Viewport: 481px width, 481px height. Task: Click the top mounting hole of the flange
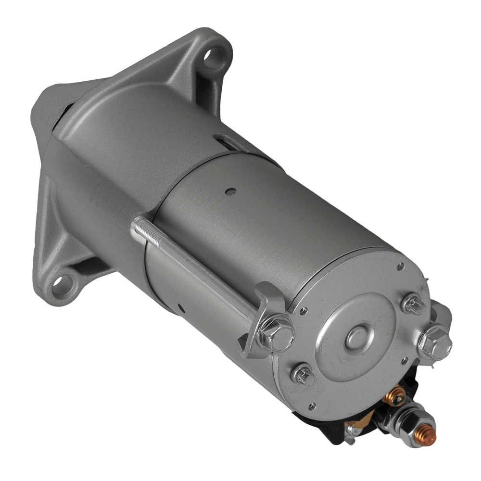pyautogui.click(x=212, y=56)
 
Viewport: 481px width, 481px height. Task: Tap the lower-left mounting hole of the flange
pyautogui.click(x=61, y=284)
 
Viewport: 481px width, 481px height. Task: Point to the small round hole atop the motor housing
pyautogui.click(x=231, y=192)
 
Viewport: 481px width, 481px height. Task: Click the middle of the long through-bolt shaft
pyautogui.click(x=197, y=272)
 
